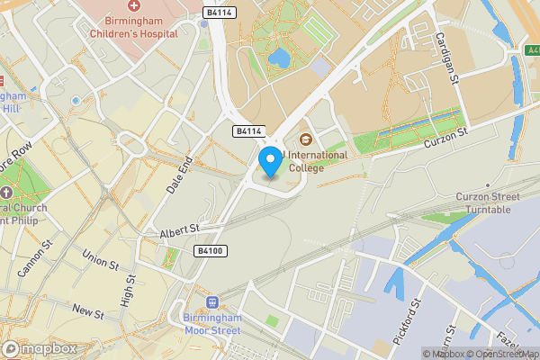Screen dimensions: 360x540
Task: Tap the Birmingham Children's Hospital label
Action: (x=132, y=30)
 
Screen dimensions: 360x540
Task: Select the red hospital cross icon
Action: (x=133, y=5)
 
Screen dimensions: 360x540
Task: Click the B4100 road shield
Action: (x=209, y=251)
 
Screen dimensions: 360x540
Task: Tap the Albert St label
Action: (x=178, y=232)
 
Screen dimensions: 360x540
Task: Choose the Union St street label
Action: (x=100, y=259)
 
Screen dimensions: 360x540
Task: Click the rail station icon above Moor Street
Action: (x=213, y=302)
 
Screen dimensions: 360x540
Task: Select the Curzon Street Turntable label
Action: (x=495, y=203)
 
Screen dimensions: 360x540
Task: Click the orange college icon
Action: (x=305, y=139)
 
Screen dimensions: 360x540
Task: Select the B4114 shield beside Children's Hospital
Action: (x=219, y=13)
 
